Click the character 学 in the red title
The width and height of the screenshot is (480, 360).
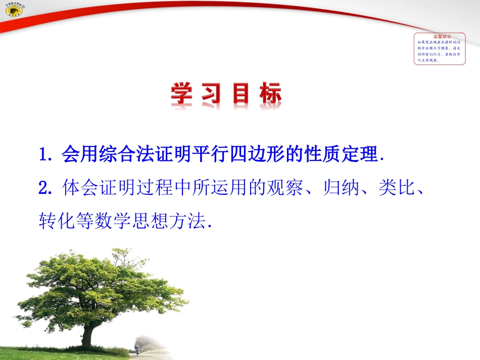tap(184, 94)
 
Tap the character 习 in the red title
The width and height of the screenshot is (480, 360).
tap(213, 94)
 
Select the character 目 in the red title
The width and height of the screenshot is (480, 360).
tap(241, 94)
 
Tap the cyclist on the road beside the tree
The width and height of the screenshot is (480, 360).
tap(138, 348)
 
